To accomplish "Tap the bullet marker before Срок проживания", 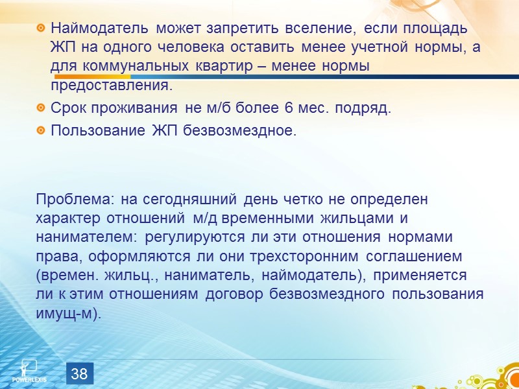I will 41,108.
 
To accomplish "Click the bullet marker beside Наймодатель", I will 41,29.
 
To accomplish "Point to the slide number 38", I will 79,373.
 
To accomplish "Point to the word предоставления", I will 112,86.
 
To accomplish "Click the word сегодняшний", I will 192,199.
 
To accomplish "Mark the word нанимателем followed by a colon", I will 88,237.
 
